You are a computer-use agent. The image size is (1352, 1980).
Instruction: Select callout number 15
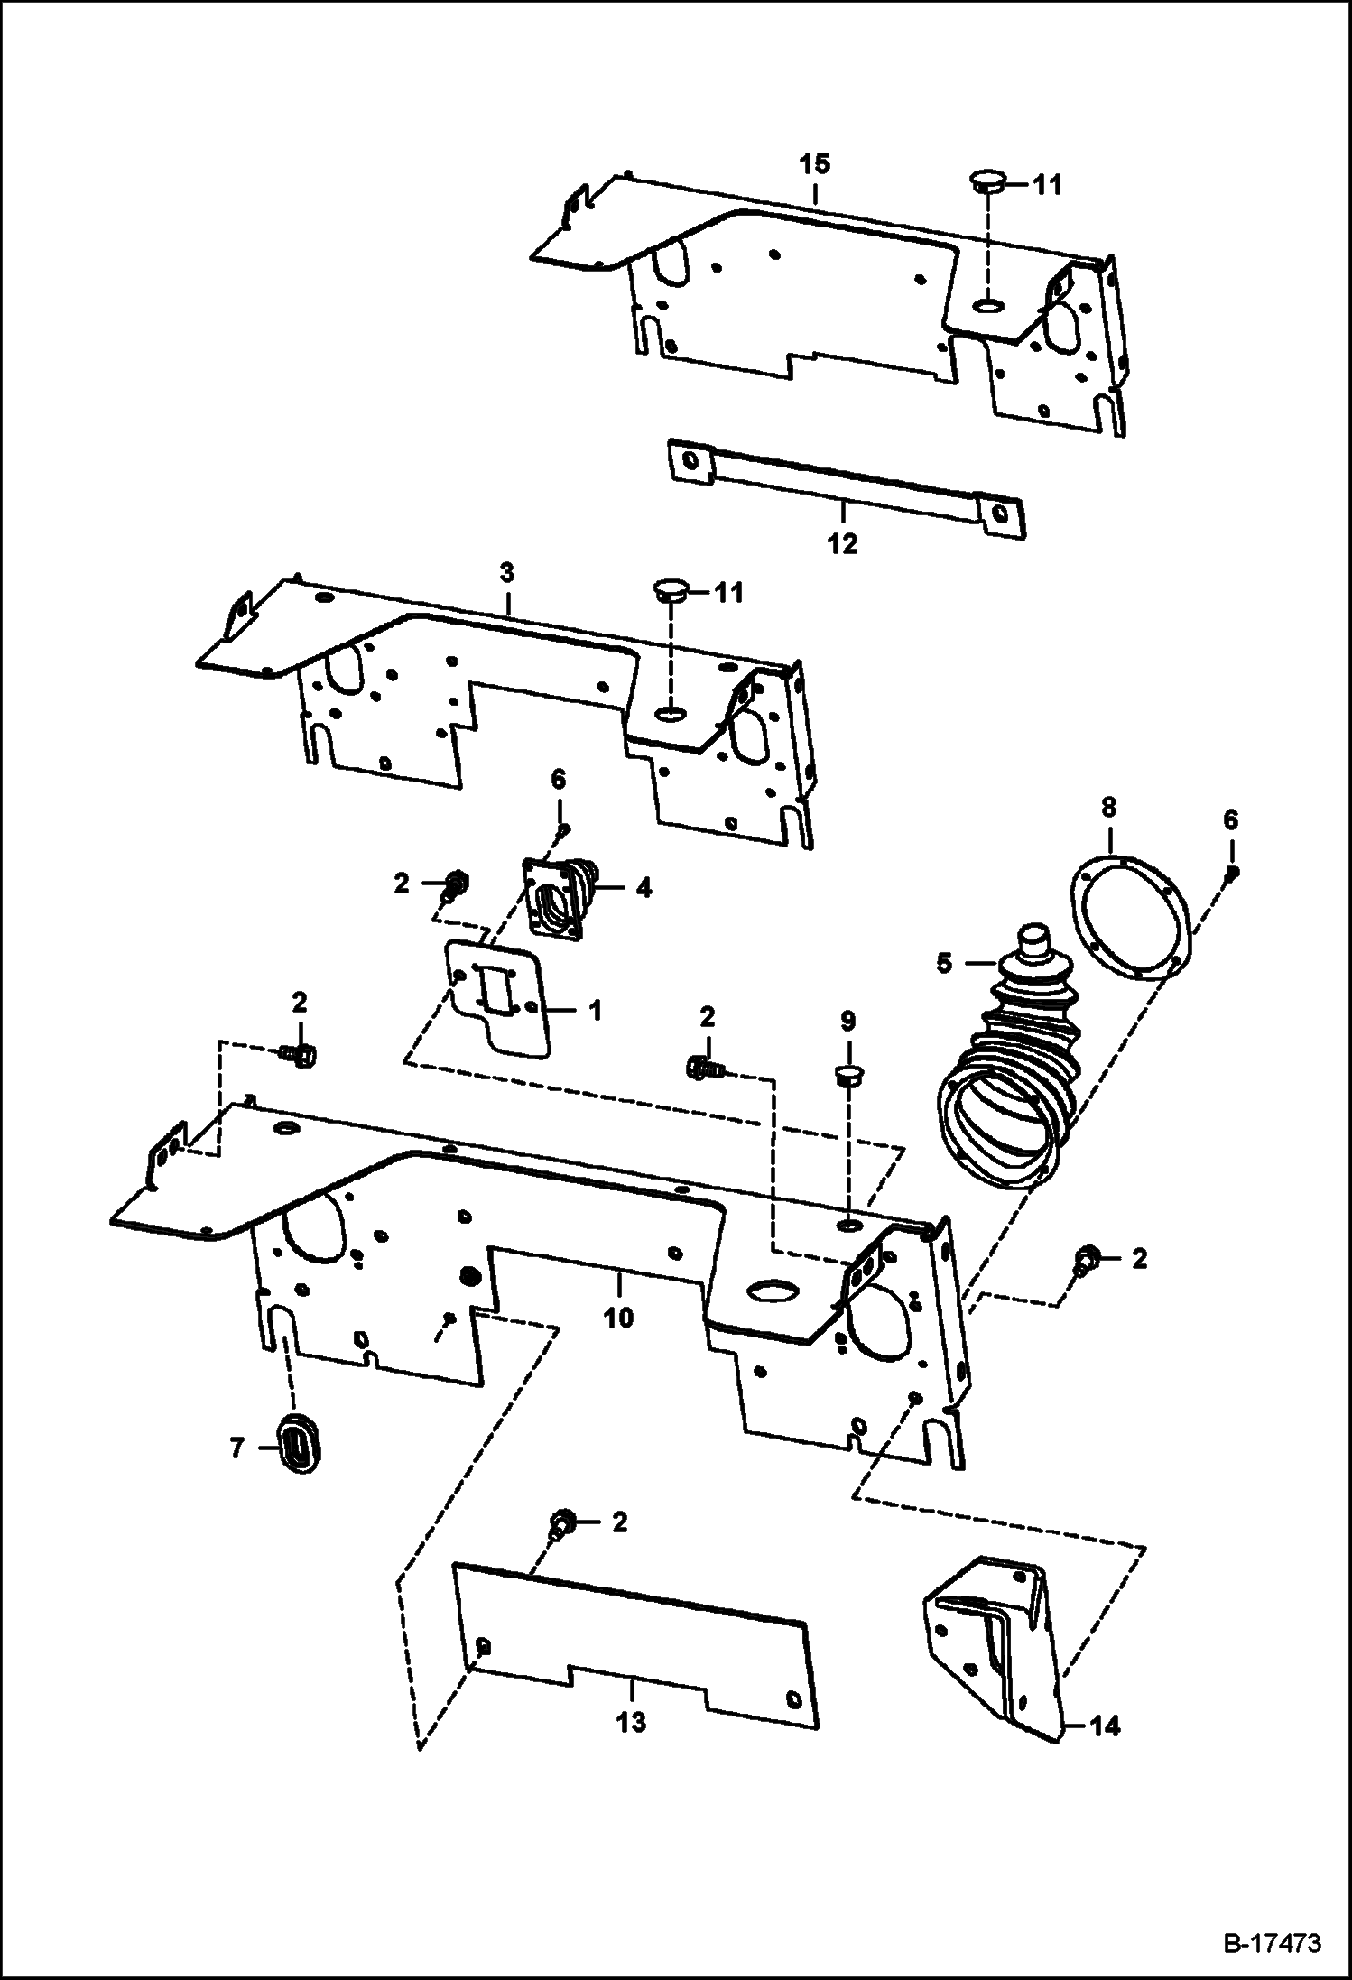point(814,164)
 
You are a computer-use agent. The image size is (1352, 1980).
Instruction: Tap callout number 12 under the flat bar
point(842,544)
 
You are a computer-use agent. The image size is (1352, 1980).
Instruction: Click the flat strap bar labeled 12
point(844,487)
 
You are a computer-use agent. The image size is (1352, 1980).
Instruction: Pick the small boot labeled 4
point(562,899)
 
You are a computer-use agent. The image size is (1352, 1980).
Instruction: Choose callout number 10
point(618,1317)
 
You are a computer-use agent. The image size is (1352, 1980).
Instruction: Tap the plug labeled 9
point(847,1076)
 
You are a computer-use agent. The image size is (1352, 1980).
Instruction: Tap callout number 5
point(944,963)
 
